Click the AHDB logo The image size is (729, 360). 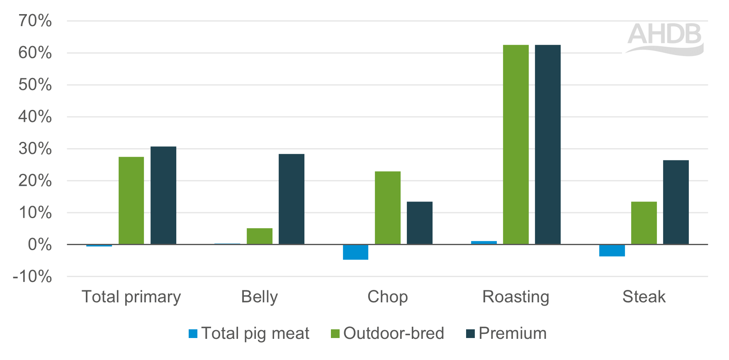(665, 38)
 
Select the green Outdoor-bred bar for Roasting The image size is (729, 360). (515, 144)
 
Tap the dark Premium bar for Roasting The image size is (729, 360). (547, 144)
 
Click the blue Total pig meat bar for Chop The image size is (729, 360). (355, 252)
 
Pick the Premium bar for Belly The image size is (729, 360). (291, 199)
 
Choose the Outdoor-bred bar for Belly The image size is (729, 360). (259, 236)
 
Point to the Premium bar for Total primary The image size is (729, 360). (163, 195)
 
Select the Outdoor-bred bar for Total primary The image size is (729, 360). (131, 200)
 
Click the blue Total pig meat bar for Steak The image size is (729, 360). (612, 251)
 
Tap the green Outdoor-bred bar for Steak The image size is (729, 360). (644, 223)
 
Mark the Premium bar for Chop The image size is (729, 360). (419, 223)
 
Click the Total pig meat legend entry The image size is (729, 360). (249, 333)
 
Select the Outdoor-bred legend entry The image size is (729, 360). (387, 333)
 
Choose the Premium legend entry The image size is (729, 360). (506, 333)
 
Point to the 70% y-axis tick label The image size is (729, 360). (35, 21)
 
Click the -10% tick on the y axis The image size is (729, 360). (32, 276)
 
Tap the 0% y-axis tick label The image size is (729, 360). (40, 244)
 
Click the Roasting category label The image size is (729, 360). (515, 297)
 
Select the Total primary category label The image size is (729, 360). (131, 297)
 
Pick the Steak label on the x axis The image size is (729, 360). (644, 297)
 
